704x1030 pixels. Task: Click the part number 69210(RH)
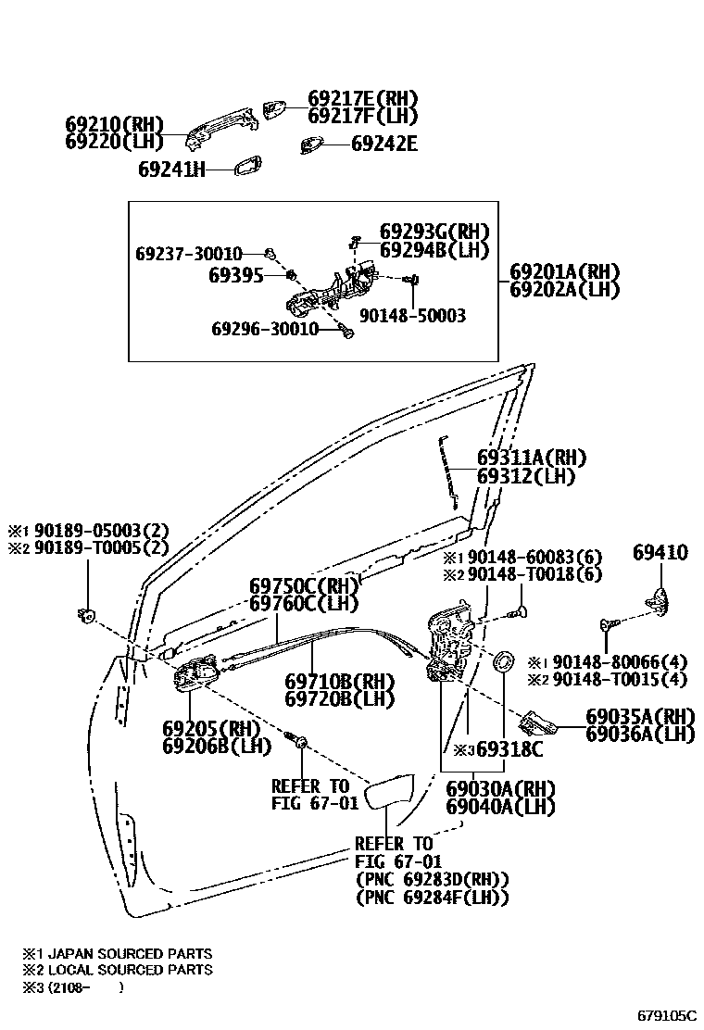(x=113, y=124)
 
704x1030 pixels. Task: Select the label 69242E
(x=383, y=144)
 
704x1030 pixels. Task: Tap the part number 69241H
(x=171, y=170)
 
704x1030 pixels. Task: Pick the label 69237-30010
(x=189, y=254)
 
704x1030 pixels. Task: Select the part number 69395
(x=236, y=275)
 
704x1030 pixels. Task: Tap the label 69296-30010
(x=265, y=329)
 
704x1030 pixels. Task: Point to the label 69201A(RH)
(x=564, y=272)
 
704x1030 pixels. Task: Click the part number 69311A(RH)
(x=532, y=458)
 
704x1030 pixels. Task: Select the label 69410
(x=660, y=553)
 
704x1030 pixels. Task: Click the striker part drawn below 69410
(x=659, y=599)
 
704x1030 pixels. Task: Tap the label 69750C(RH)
(x=304, y=586)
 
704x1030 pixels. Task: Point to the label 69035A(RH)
(x=640, y=717)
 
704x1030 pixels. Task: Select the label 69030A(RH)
(x=499, y=789)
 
